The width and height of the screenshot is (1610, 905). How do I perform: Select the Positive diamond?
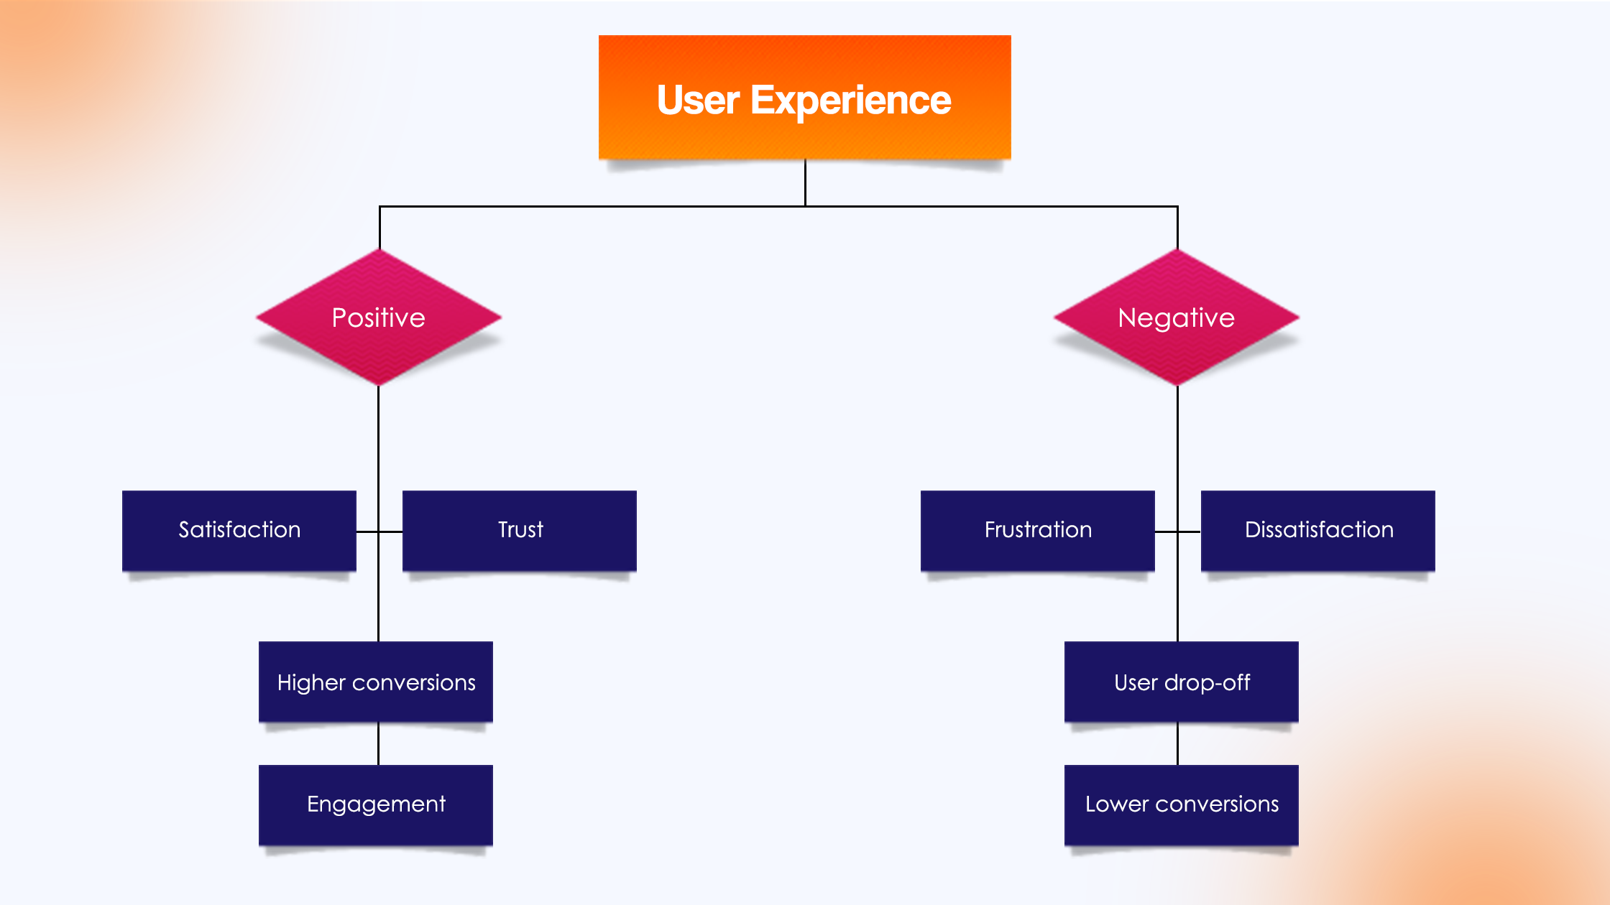[379, 317]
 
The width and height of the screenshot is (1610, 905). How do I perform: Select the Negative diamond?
[1177, 317]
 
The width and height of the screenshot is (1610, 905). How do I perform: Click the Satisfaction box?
[239, 530]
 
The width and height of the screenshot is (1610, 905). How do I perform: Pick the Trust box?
[520, 530]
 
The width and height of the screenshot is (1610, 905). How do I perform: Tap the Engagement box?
[376, 804]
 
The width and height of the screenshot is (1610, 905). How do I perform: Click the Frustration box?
[1037, 530]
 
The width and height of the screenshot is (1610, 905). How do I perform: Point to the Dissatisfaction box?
[1318, 530]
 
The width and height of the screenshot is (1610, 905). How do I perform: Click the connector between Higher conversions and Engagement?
[378, 744]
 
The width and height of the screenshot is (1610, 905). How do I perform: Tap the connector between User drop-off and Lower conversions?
[1177, 744]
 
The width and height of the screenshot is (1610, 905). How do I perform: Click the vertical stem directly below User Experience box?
[805, 183]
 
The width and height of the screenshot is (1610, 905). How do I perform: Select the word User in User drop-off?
[1136, 682]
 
